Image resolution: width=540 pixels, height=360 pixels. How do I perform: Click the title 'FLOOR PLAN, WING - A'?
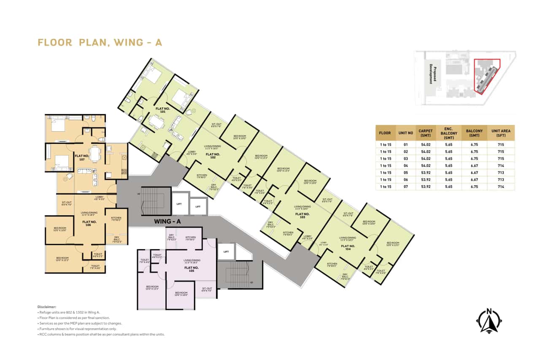[100, 43]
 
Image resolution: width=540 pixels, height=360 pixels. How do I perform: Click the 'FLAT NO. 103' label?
[302, 215]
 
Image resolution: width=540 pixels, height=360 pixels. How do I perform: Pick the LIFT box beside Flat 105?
[226, 252]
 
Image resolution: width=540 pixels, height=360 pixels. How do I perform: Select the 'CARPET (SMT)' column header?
[425, 133]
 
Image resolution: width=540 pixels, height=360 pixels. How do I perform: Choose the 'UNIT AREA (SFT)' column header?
[501, 133]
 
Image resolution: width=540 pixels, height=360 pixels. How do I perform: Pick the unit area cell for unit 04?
[501, 165]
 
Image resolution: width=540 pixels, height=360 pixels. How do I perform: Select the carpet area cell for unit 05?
[425, 173]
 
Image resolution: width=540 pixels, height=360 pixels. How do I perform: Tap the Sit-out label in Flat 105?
[206, 290]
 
